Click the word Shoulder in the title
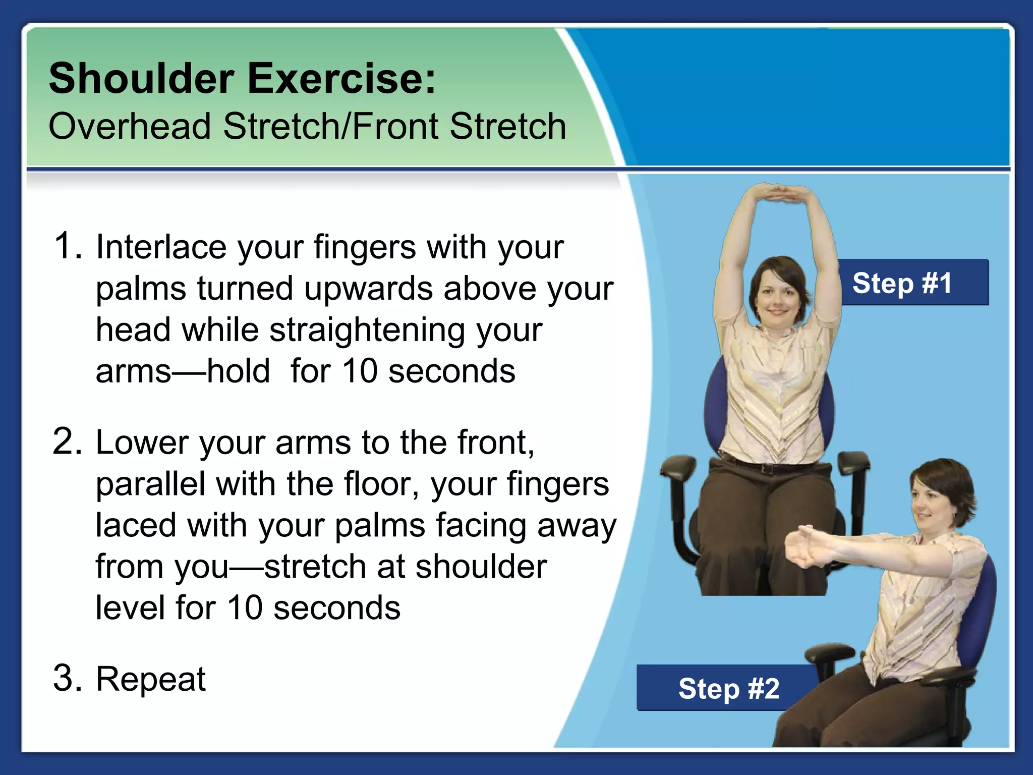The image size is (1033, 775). tap(141, 79)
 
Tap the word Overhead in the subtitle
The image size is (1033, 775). tap(130, 126)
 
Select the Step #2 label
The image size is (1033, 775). tap(728, 689)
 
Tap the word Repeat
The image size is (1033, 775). tap(150, 679)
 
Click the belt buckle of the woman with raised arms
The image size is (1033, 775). tap(767, 468)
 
